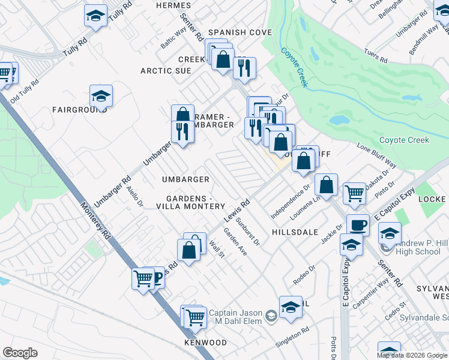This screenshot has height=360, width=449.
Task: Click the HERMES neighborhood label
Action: click(173, 5)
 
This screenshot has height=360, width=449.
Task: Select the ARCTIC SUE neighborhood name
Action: click(166, 71)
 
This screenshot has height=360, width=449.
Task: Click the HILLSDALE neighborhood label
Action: click(294, 232)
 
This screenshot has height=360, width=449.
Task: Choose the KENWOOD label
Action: click(205, 343)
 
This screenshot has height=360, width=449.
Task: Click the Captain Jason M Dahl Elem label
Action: click(240, 317)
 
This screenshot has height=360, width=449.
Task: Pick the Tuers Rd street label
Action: click(376, 55)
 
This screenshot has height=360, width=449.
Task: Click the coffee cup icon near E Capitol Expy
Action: click(358, 225)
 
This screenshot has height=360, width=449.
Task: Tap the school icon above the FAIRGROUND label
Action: click(101, 95)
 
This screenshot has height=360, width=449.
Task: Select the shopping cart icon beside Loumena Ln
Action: click(354, 193)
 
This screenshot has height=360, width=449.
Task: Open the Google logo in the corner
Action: click(20, 353)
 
